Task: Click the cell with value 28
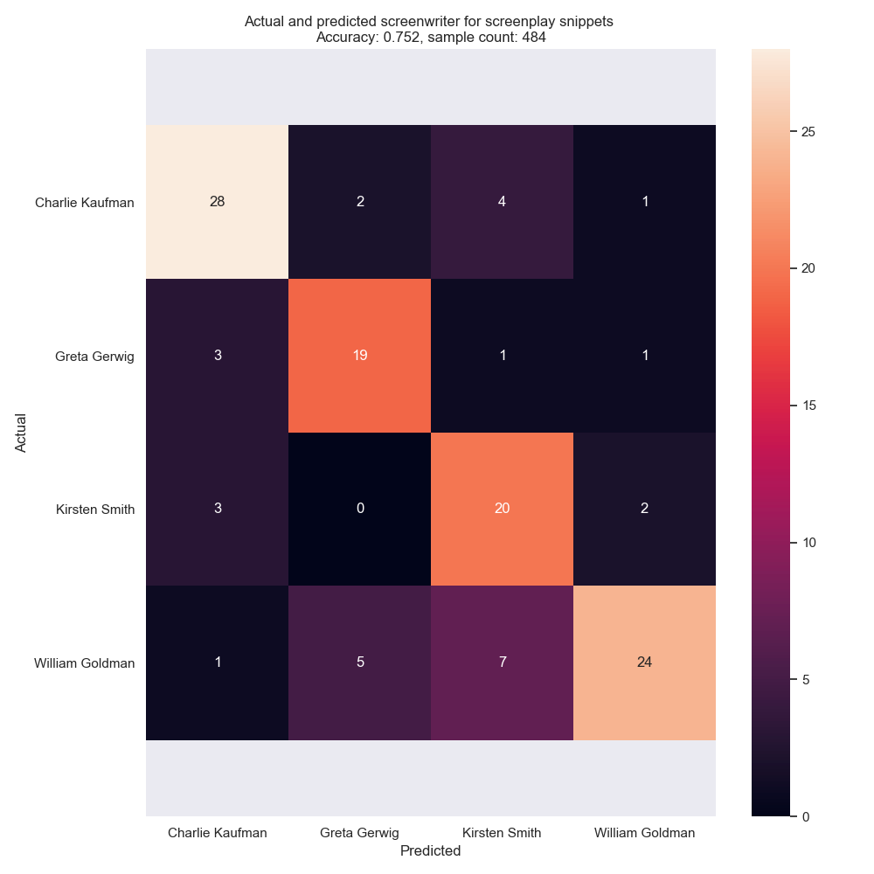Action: pyautogui.click(x=218, y=202)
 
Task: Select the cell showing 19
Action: pyautogui.click(x=360, y=356)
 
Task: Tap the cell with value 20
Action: pyautogui.click(x=502, y=510)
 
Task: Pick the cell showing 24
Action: pyautogui.click(x=644, y=662)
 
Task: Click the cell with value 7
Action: pyautogui.click(x=502, y=662)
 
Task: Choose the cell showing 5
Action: pyautogui.click(x=360, y=662)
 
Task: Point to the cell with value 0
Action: pyautogui.click(x=360, y=510)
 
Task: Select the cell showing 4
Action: pyautogui.click(x=502, y=202)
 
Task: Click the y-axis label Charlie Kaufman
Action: pyautogui.click(x=85, y=203)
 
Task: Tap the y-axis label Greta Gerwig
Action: pyautogui.click(x=94, y=357)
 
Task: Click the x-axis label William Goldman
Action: pyautogui.click(x=644, y=833)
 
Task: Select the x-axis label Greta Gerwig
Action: pyautogui.click(x=360, y=833)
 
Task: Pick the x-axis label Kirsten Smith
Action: pyautogui.click(x=502, y=833)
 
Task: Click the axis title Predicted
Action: pyautogui.click(x=430, y=850)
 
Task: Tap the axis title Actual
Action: pyautogui.click(x=21, y=433)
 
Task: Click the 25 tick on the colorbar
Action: pyautogui.click(x=807, y=132)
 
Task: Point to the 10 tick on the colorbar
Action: pyautogui.click(x=807, y=543)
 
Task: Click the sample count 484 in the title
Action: pyautogui.click(x=534, y=37)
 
